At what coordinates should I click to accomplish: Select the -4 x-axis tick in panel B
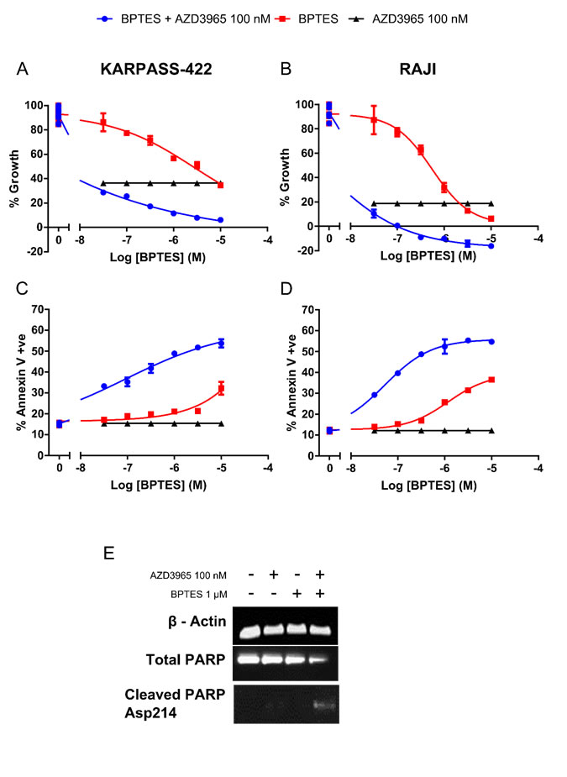tap(538, 239)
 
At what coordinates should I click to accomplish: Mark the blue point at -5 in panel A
tap(221, 219)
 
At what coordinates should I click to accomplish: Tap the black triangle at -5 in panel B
tap(491, 203)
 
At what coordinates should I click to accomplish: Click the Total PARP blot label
tap(192, 659)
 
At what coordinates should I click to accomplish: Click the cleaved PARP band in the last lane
tap(322, 704)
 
